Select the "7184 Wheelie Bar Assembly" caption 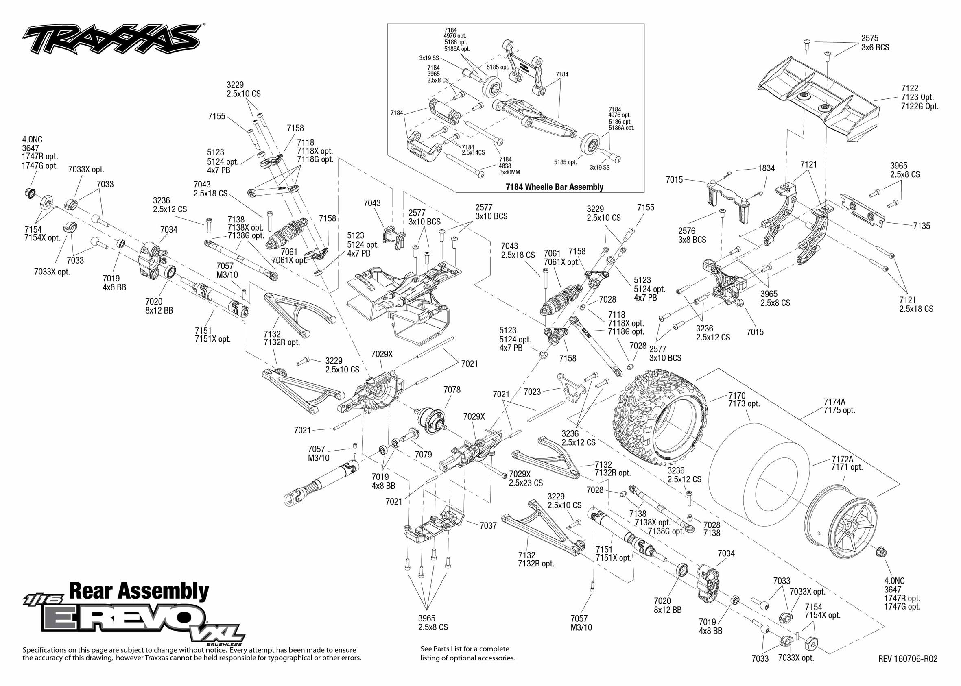pos(554,187)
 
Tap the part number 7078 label pos(452,390)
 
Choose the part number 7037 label pos(488,525)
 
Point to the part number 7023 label pos(532,392)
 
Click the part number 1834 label pos(766,168)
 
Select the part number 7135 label pos(921,226)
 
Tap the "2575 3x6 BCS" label pos(875,43)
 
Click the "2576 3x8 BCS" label pos(692,235)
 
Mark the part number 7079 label pos(423,455)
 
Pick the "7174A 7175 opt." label pos(839,406)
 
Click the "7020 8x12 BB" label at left pos(159,306)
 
